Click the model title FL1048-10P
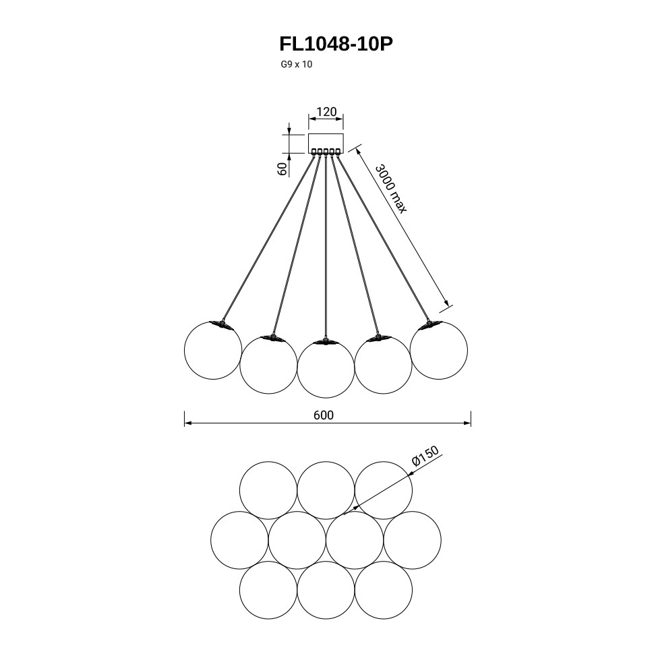[336, 44]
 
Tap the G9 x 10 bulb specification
[297, 65]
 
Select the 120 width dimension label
[326, 112]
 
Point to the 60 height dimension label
[283, 169]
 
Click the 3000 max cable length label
[391, 188]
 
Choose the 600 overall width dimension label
[324, 415]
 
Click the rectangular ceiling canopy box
[326, 143]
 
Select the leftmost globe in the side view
[213, 351]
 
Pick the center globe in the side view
[326, 369]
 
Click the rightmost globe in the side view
[439, 351]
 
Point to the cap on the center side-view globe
[326, 342]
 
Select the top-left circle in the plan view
[268, 490]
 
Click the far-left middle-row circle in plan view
[239, 540]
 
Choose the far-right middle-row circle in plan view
[413, 540]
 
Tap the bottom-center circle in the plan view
[326, 590]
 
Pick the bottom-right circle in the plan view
[384, 590]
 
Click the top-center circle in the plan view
[326, 490]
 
